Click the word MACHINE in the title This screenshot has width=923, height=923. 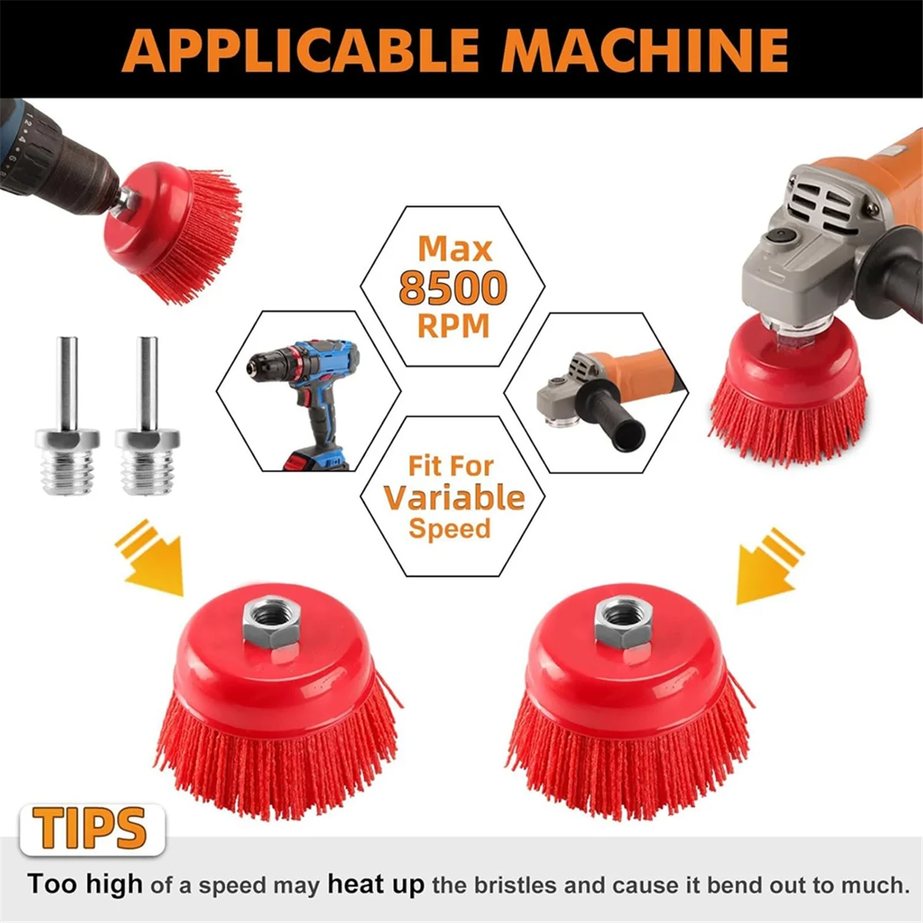tap(645, 50)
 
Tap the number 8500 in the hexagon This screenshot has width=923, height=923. tap(453, 288)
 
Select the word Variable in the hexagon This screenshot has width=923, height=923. tap(454, 498)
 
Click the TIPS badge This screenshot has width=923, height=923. tap(91, 829)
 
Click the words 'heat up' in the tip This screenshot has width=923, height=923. tap(375, 885)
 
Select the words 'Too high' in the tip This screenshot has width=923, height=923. tap(85, 885)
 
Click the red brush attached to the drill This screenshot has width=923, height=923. tap(177, 231)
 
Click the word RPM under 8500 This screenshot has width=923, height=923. tap(453, 326)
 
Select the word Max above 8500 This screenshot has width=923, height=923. tap(455, 250)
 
